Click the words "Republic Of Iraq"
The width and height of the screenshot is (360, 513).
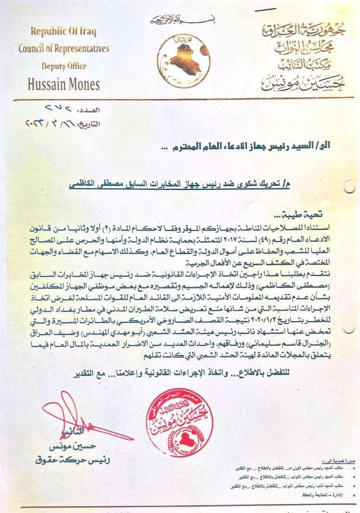(x=63, y=31)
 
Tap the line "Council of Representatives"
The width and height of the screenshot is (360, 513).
(x=64, y=49)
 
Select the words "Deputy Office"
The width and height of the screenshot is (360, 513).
(x=64, y=66)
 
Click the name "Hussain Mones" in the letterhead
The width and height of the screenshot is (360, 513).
(x=64, y=84)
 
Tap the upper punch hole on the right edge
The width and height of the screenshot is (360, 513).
(x=349, y=188)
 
